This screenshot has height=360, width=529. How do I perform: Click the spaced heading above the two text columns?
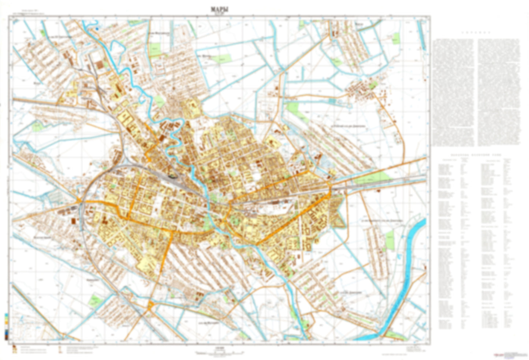point(476,32)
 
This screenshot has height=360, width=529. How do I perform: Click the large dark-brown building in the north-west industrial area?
point(100,65)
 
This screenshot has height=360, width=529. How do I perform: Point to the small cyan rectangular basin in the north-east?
point(396,38)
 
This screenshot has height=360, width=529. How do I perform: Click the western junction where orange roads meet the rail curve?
point(80,202)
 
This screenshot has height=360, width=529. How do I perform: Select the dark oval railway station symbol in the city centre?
point(172,176)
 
